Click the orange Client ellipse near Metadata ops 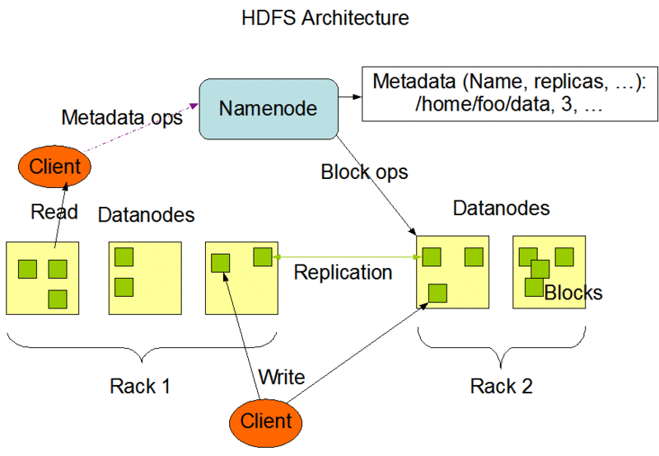pyautogui.click(x=55, y=167)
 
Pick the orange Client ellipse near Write pyautogui.click(x=266, y=421)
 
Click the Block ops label pyautogui.click(x=364, y=173)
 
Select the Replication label pyautogui.click(x=343, y=272)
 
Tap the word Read pyautogui.click(x=54, y=212)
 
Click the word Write pyautogui.click(x=282, y=378)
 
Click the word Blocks pyautogui.click(x=573, y=293)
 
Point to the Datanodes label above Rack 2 pyautogui.click(x=501, y=208)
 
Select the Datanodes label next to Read pyautogui.click(x=146, y=215)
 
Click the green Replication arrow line pyautogui.click(x=346, y=258)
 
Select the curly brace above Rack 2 pyautogui.click(x=501, y=346)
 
